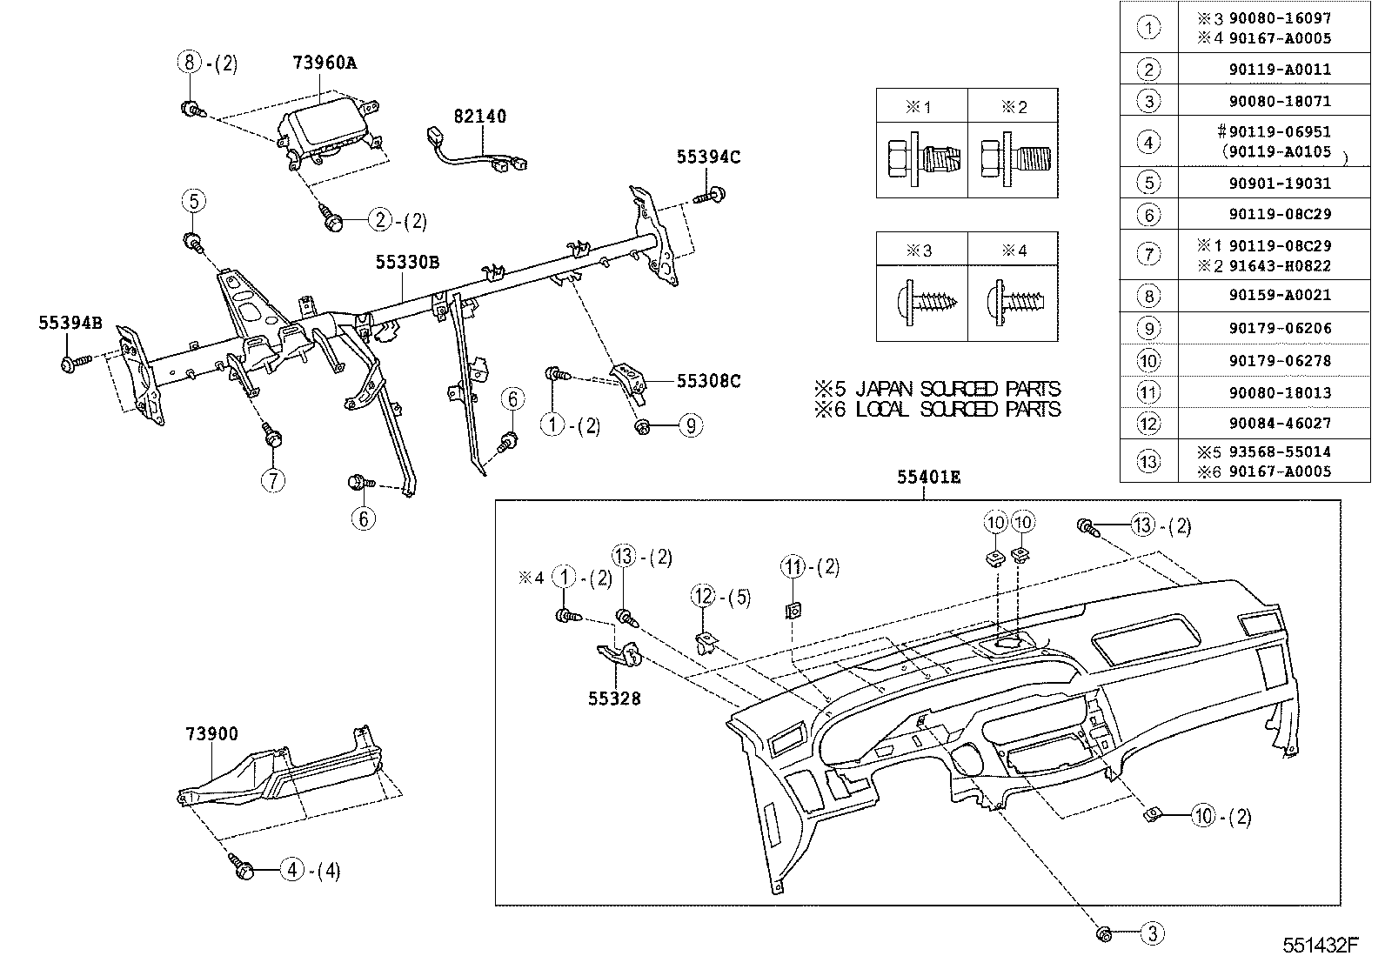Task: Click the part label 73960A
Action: (325, 63)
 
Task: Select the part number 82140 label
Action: (478, 117)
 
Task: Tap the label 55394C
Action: (708, 157)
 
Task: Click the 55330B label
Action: (407, 262)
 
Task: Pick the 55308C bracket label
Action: (708, 381)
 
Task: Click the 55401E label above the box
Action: (929, 478)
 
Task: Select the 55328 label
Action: (614, 698)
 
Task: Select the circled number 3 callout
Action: (1152, 935)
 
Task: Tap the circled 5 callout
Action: (193, 202)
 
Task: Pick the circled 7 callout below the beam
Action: (273, 479)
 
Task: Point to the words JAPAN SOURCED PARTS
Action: (958, 389)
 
